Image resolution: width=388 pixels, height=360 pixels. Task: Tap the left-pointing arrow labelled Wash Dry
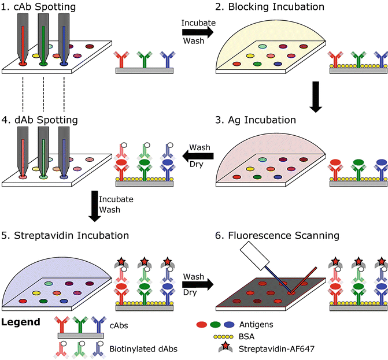coord(197,156)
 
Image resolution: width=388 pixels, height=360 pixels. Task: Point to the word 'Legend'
coord(21,321)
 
